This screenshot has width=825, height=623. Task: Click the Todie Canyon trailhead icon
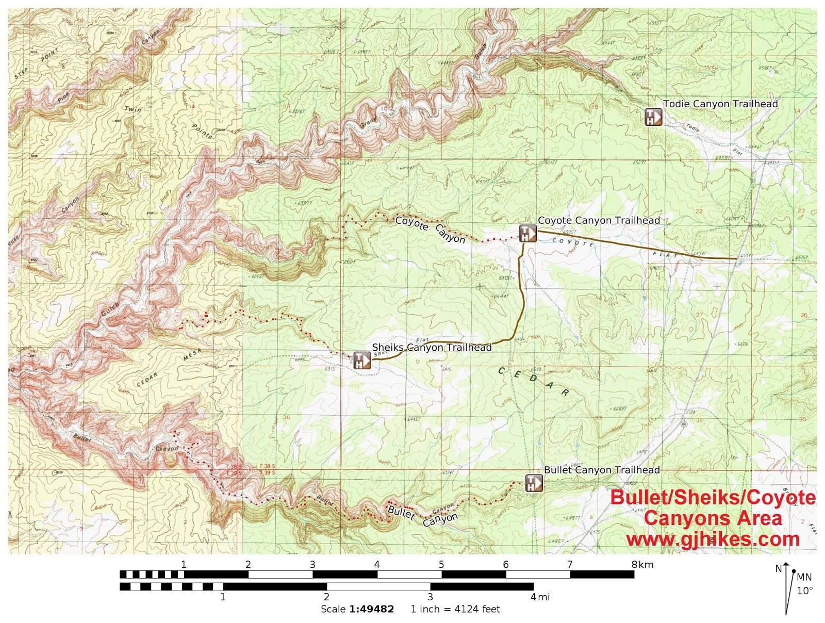[x=653, y=117]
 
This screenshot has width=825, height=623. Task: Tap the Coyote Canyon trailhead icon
[x=527, y=233]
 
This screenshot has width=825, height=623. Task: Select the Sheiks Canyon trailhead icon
[x=361, y=359]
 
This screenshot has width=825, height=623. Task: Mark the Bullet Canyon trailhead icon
[x=534, y=483]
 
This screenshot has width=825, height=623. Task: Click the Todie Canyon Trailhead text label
[x=720, y=104]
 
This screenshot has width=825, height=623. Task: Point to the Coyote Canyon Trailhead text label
[x=599, y=220]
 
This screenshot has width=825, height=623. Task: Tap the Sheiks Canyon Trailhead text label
[x=432, y=347]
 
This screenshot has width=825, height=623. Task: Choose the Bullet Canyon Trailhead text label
[x=602, y=470]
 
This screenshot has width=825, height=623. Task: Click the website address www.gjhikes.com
[x=713, y=539]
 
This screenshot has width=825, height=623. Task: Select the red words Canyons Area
[x=713, y=518]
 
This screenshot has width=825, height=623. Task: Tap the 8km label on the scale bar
[x=642, y=564]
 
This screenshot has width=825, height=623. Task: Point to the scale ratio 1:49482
[x=371, y=609]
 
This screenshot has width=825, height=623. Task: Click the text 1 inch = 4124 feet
[x=455, y=609]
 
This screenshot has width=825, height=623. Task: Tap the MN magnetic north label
[x=804, y=577]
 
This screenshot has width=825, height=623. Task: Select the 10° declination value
[x=804, y=591]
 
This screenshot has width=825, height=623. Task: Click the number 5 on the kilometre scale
[x=441, y=564]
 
